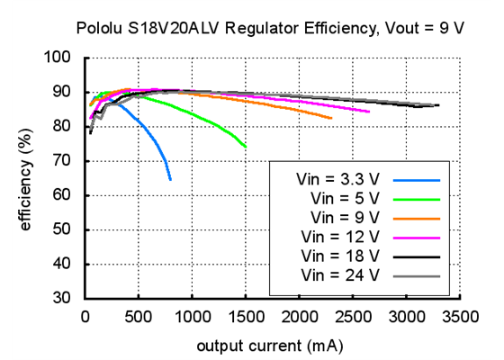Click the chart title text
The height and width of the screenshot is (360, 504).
point(252,28)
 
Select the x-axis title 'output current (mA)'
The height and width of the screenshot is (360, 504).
point(270,345)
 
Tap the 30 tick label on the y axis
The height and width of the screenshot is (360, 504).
point(66,299)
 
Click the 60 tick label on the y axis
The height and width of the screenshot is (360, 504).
point(66,195)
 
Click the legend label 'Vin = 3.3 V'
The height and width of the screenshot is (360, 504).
point(341,178)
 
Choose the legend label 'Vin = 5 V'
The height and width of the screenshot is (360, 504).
point(346,197)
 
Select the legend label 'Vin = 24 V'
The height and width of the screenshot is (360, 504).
point(342,274)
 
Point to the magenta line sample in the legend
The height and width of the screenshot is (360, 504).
point(416,237)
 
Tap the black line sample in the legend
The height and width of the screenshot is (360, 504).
point(416,256)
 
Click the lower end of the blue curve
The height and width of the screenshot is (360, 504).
point(170,180)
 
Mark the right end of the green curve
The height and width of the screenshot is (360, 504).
point(246,147)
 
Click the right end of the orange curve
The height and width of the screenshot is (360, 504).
point(331,118)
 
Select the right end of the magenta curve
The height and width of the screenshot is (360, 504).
point(369,112)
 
